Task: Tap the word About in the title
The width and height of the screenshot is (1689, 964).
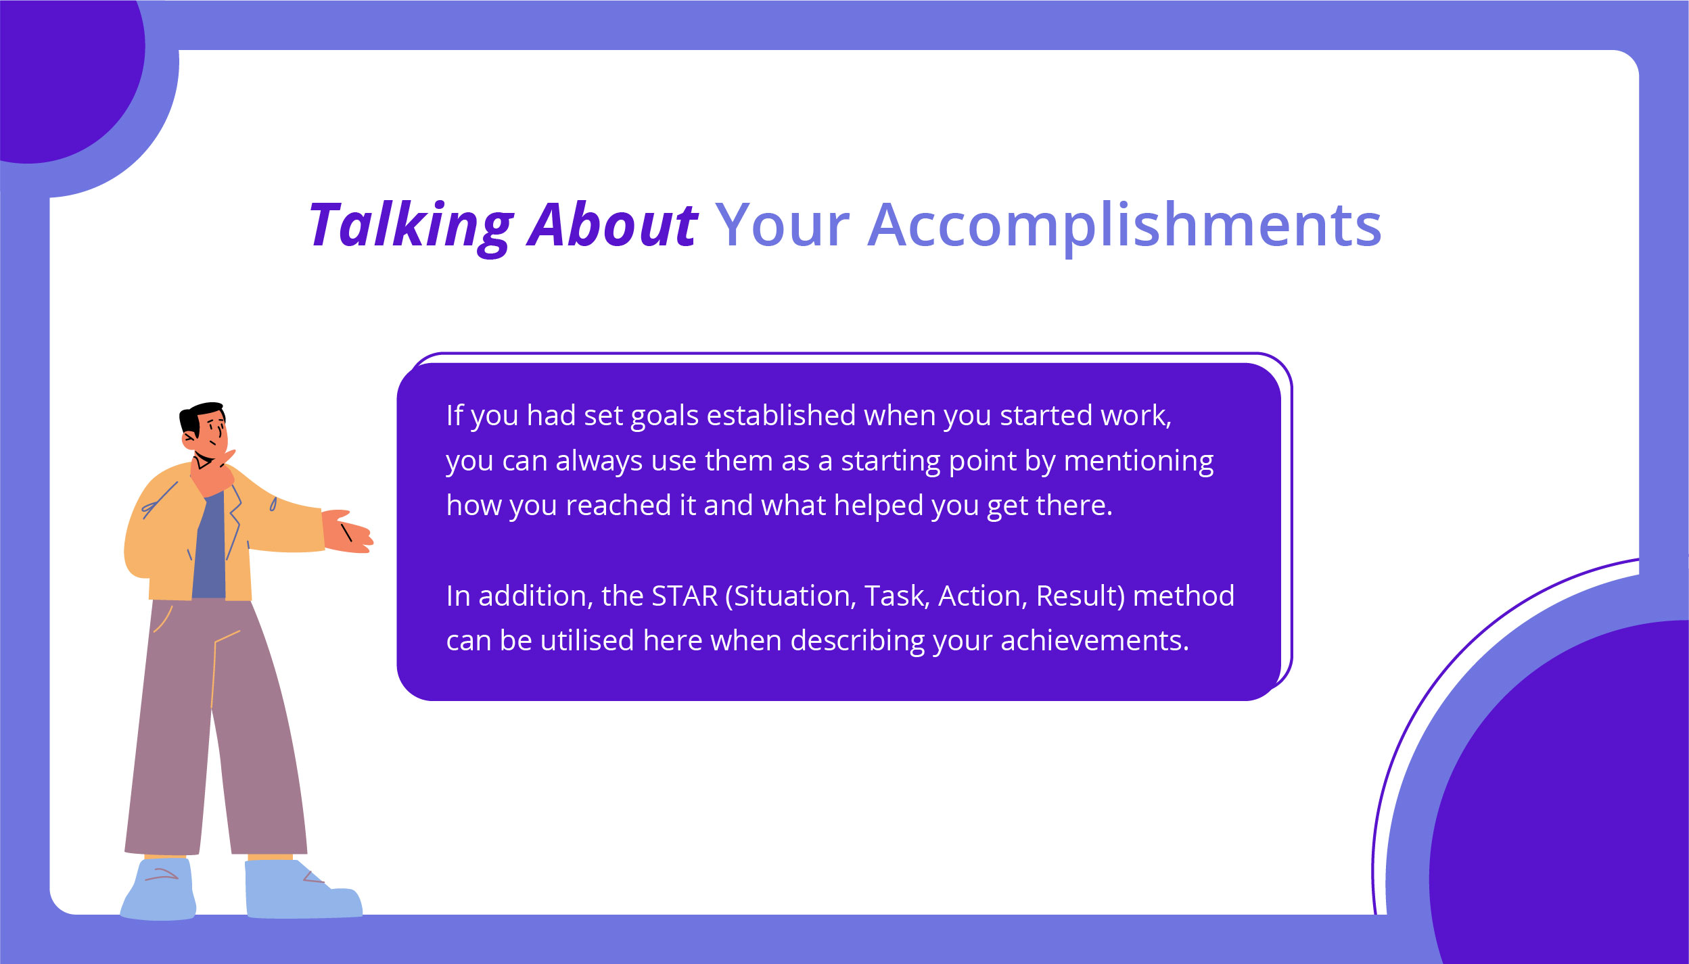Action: coord(612,225)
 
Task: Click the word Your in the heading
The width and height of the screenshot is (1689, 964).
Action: coord(781,225)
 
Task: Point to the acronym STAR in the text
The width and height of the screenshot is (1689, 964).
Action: coord(684,596)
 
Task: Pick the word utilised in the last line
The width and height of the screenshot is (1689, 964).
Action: coord(587,641)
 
